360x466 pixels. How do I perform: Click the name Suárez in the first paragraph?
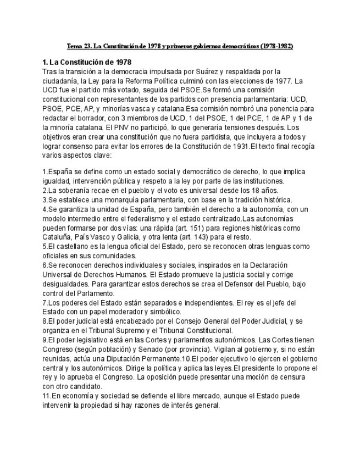[209, 71]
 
